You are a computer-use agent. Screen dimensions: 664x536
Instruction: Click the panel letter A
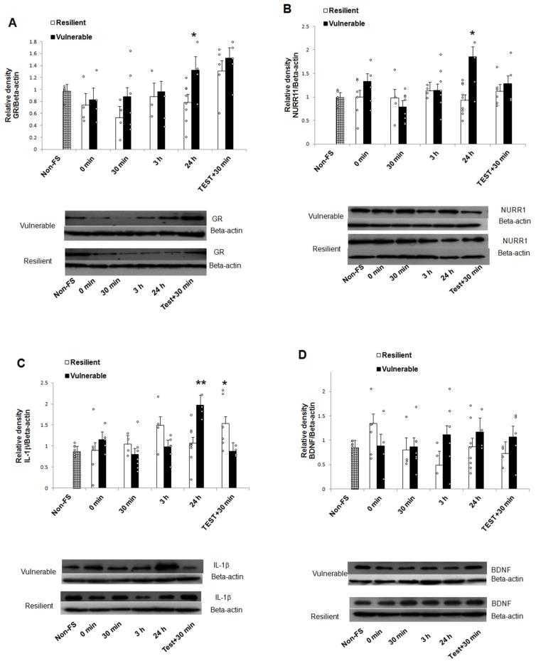12,22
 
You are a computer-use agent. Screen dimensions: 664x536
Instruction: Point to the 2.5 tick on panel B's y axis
306,26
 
